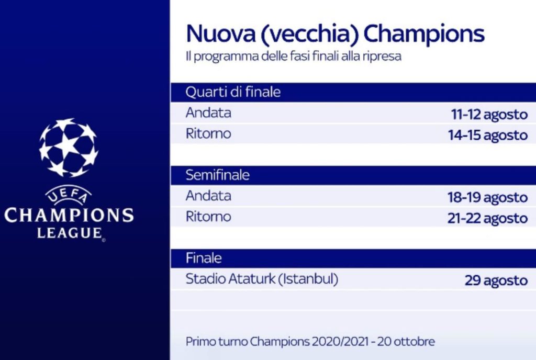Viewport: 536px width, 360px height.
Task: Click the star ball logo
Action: pyautogui.click(x=68, y=147)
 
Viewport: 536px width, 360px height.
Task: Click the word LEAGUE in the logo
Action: pyautogui.click(x=69, y=232)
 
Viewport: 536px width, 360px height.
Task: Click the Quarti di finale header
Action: pyautogui.click(x=233, y=93)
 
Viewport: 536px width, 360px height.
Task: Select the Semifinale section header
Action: pyautogui.click(x=217, y=175)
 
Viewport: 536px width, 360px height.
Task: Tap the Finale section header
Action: pyautogui.click(x=204, y=258)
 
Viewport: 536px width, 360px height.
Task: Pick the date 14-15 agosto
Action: pyautogui.click(x=487, y=135)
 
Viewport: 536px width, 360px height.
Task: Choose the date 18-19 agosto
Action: pyautogui.click(x=487, y=197)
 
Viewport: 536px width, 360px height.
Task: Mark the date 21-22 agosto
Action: pyautogui.click(x=487, y=218)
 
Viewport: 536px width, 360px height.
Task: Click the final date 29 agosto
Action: pyautogui.click(x=496, y=280)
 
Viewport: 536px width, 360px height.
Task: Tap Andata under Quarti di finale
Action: pyautogui.click(x=208, y=113)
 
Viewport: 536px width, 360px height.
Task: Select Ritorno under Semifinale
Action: pyautogui.click(x=208, y=217)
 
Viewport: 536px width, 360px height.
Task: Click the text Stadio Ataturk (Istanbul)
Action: pyautogui.click(x=262, y=279)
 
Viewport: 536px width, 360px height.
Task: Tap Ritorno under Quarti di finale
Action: pyautogui.click(x=208, y=134)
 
